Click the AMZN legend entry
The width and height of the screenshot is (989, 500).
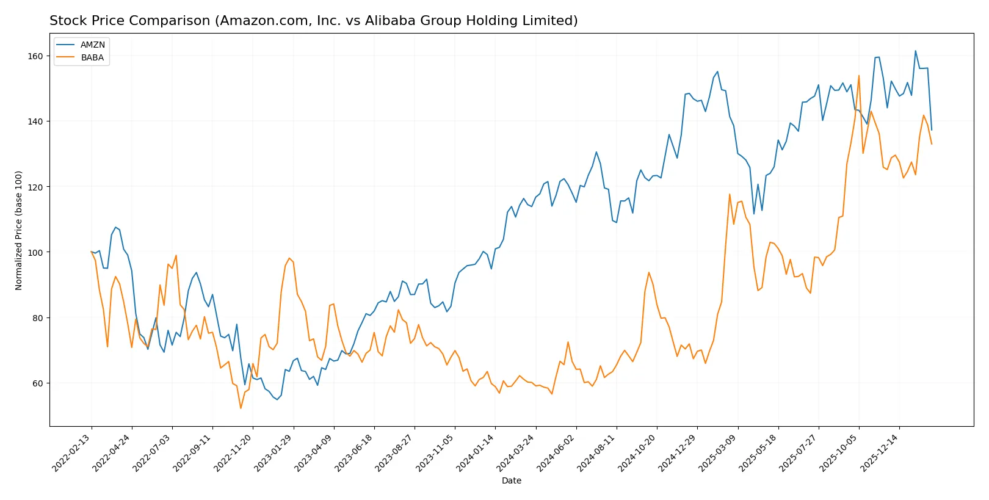[x=92, y=45]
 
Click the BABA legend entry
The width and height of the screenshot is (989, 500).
[x=92, y=57]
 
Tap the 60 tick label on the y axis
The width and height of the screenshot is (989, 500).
[x=37, y=383]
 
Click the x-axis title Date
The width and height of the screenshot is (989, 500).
[x=511, y=480]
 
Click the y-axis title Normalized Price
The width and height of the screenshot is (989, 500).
[x=19, y=230]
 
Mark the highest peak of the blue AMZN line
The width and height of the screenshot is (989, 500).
[x=915, y=51]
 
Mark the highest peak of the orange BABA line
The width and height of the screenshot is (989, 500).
[x=858, y=76]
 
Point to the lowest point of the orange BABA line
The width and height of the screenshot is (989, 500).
[x=241, y=408]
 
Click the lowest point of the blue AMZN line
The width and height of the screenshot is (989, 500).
[x=277, y=399]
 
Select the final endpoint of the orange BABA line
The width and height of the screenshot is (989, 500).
[x=932, y=144]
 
